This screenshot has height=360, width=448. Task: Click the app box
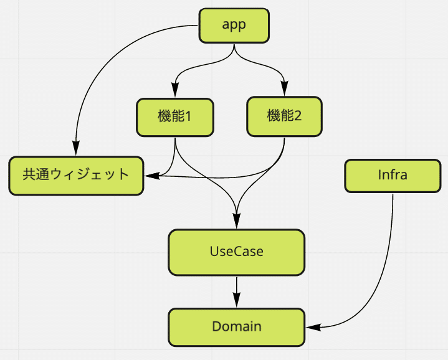coord(234,26)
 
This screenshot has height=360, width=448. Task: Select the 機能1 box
coord(175,116)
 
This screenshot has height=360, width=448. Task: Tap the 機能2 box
coord(285,116)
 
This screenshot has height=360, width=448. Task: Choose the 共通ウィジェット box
coord(76,175)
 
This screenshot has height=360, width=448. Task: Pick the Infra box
coord(393,175)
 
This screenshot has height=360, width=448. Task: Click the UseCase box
coord(236,252)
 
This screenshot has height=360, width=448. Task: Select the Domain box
coord(236,326)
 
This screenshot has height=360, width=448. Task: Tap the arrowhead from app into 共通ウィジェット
coord(75,151)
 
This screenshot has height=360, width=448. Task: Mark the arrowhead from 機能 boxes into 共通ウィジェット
coord(150,176)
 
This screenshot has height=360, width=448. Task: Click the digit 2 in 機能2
coord(297,116)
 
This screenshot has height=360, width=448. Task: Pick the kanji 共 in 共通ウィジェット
coord(29,174)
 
